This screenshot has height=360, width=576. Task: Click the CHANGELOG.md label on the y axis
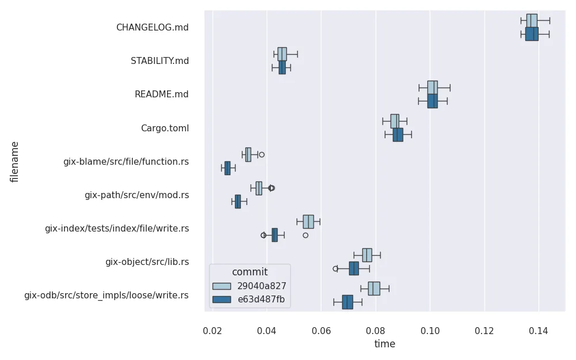coord(152,27)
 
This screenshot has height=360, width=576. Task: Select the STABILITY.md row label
coord(160,60)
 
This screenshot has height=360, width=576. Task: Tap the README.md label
coord(161,94)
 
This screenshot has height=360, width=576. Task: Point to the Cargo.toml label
coord(165,128)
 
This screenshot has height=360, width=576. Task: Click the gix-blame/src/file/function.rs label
coord(126,161)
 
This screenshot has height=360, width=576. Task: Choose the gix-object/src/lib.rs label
coord(147,262)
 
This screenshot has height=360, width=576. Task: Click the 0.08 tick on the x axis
coord(376,331)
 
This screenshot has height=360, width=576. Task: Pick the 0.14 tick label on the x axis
coord(539,331)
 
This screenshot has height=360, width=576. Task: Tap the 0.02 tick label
coord(213,331)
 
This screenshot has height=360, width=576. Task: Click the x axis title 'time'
coord(385,344)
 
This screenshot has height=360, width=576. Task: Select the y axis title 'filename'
coord(15,161)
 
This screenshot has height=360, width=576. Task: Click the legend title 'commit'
coord(249,272)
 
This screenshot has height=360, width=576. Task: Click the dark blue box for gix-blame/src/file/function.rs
coord(227,168)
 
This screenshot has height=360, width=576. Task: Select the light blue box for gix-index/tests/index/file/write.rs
coord(308,222)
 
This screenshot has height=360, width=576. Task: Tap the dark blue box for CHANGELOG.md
coord(532,34)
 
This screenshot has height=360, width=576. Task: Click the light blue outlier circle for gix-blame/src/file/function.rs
coord(262,154)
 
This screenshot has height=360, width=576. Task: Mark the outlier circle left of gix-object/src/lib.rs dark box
coord(335,268)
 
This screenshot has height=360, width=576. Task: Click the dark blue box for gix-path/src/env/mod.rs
coord(237,202)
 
